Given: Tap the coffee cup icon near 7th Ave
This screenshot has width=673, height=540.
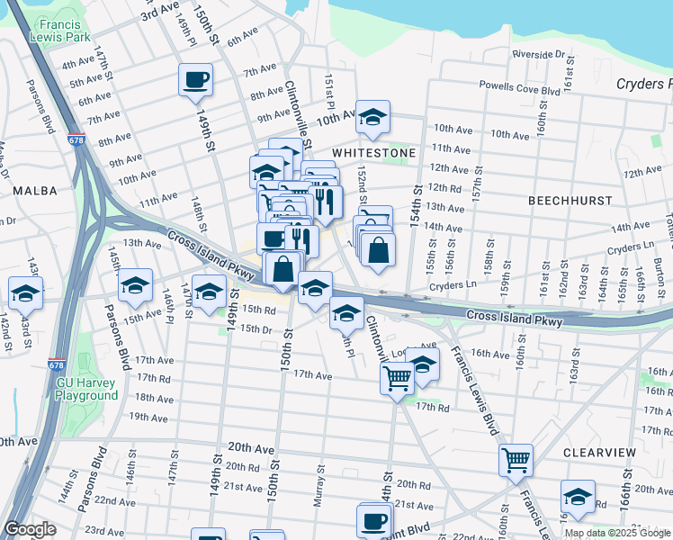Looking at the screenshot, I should tap(195, 79).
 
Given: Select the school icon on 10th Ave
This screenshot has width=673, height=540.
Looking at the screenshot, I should tap(372, 116).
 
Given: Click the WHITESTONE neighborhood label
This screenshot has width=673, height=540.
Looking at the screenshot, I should tap(373, 153).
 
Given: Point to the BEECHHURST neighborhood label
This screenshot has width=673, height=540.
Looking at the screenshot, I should tap(570, 200).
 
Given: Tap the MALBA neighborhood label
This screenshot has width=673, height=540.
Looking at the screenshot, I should tap(35, 191).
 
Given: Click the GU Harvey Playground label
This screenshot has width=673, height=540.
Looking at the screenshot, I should tap(87, 388).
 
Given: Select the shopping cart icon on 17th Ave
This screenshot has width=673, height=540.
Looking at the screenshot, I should tap(397, 379).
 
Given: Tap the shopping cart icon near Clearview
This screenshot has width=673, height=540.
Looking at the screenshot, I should tap(516, 460).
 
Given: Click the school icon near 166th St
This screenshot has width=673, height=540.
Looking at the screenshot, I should tap(578, 496).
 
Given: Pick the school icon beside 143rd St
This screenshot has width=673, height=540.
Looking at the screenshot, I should tap(26, 292).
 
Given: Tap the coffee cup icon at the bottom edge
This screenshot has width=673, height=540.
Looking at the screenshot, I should tap(373, 520).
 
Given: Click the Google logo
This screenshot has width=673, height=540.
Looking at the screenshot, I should tap(30, 529).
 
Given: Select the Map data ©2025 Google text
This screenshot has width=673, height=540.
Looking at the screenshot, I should tap(616, 533).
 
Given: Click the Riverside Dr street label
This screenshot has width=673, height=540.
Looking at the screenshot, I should tap(538, 55).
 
